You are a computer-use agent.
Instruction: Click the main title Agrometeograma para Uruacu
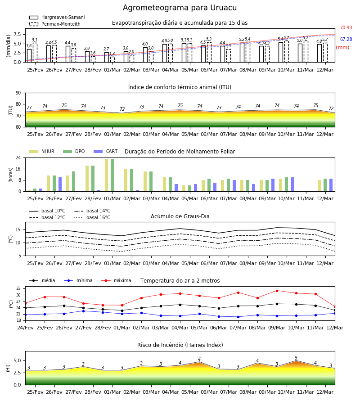[x=180, y=8]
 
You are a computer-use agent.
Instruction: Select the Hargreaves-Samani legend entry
[x=57, y=17]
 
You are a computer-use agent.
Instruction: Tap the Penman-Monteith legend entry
[x=55, y=24]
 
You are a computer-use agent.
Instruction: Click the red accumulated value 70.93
[x=346, y=27]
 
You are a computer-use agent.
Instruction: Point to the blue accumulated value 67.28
[x=346, y=39]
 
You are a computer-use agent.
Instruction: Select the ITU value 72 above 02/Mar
[x=122, y=109]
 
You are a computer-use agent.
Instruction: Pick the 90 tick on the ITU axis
[x=18, y=93]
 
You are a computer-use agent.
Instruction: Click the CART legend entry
[x=106, y=151]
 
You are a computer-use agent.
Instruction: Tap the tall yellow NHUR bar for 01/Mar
[x=106, y=175]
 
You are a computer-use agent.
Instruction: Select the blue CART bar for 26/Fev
[x=60, y=184]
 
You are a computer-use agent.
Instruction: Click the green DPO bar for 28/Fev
[x=93, y=179]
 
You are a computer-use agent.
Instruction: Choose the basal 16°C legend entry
[x=92, y=217]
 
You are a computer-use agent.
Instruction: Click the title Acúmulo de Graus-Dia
[x=180, y=216]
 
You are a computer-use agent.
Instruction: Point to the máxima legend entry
[x=116, y=280]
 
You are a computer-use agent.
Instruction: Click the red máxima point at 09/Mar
[x=277, y=291]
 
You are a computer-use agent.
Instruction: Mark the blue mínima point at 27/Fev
[x=83, y=311]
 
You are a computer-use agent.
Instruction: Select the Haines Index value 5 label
[x=296, y=358]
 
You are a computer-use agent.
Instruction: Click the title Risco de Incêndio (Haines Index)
[x=180, y=345]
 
